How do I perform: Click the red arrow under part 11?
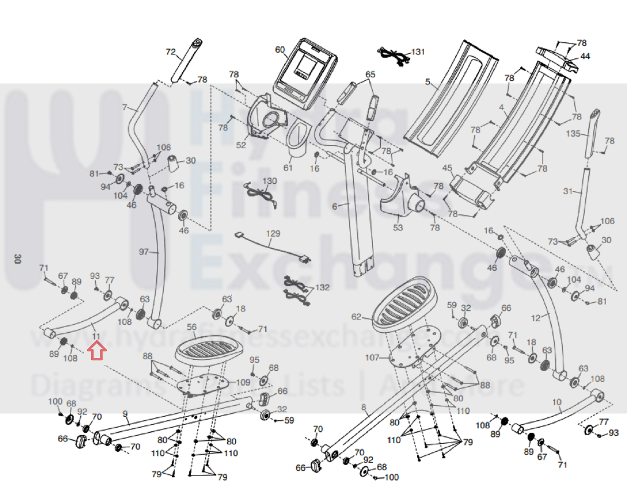pyautogui.click(x=97, y=351)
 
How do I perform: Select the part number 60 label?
pyautogui.click(x=280, y=50)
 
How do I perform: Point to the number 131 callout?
pyautogui.click(x=418, y=52)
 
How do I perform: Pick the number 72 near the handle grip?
pyautogui.click(x=171, y=52)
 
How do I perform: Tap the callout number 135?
pyautogui.click(x=573, y=134)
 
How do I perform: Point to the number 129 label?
pyautogui.click(x=273, y=234)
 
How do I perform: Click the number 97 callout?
pyautogui.click(x=144, y=252)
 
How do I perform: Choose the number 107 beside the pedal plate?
pyautogui.click(x=372, y=357)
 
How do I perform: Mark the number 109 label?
pyautogui.click(x=243, y=382)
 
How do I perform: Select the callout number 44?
pyautogui.click(x=585, y=56)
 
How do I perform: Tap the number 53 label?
pyautogui.click(x=398, y=227)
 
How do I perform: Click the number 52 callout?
pyautogui.click(x=241, y=145)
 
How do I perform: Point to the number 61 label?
pyautogui.click(x=288, y=168)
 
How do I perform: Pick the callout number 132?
pyautogui.click(x=322, y=287)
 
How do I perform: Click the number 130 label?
pyautogui.click(x=270, y=181)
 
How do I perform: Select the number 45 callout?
pyautogui.click(x=447, y=168)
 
